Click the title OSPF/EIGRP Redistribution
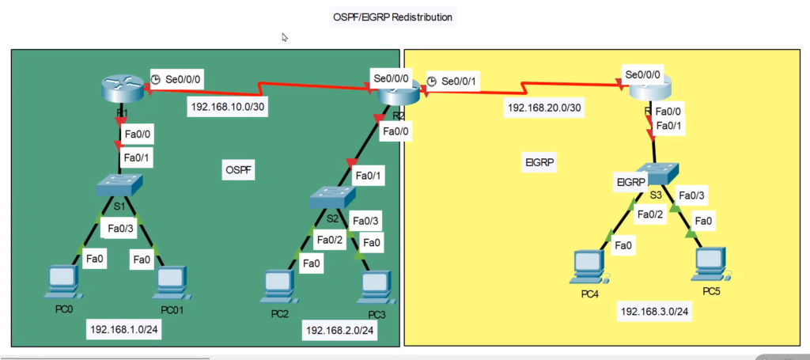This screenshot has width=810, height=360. [x=392, y=16]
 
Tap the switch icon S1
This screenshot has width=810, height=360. [x=119, y=187]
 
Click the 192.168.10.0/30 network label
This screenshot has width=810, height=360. [x=228, y=108]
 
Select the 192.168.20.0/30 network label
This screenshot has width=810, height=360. [x=546, y=108]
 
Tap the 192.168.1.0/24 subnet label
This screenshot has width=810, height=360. [x=126, y=329]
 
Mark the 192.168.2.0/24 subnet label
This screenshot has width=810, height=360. [x=340, y=331]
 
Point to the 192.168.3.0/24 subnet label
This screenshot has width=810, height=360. [x=653, y=312]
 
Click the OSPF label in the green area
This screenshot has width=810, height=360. [x=239, y=169]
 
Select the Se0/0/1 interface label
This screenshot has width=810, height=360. [x=461, y=81]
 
